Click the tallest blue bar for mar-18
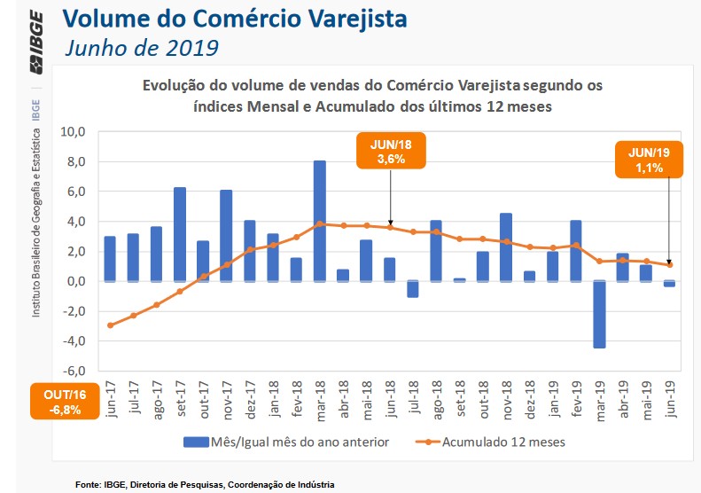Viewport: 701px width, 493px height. pyautogui.click(x=319, y=221)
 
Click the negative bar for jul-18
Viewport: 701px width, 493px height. pyautogui.click(x=412, y=289)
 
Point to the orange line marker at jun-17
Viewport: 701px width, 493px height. pyautogui.click(x=111, y=325)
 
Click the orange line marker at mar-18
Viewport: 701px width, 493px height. pyautogui.click(x=319, y=223)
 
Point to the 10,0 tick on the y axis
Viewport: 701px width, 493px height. pyautogui.click(x=72, y=132)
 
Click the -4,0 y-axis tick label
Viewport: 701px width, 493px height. pyautogui.click(x=70, y=341)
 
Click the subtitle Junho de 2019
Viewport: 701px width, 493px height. pyautogui.click(x=141, y=46)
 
